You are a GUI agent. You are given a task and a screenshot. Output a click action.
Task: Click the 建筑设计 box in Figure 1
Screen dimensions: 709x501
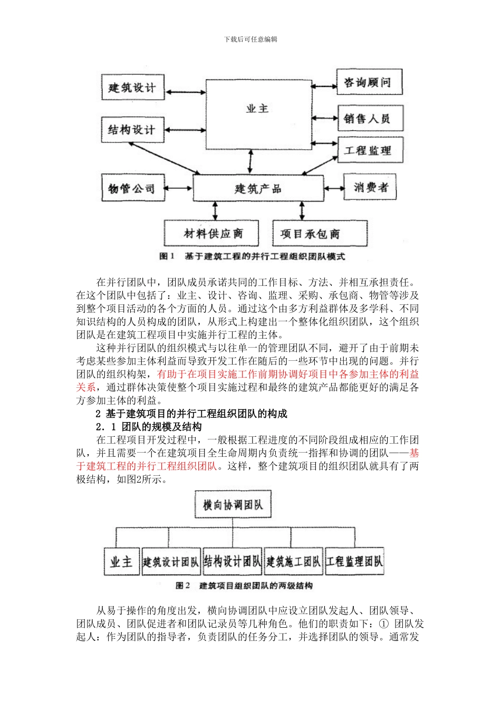click(x=132, y=87)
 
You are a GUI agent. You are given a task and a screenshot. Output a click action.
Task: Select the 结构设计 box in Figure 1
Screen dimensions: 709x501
click(x=132, y=129)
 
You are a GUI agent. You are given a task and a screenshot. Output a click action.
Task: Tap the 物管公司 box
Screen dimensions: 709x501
click(x=132, y=188)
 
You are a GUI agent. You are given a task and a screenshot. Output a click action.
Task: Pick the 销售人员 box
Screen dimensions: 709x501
click(x=370, y=118)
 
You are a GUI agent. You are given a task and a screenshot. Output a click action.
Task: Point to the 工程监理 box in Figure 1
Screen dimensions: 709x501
click(x=370, y=150)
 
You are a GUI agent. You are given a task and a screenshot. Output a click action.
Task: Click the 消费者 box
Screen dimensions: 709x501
click(x=371, y=187)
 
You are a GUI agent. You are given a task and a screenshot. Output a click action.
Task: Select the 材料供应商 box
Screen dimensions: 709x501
click(x=213, y=233)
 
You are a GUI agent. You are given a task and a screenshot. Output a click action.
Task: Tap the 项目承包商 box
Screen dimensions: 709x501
click(x=319, y=233)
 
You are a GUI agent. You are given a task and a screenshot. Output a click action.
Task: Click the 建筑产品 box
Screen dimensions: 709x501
click(x=258, y=188)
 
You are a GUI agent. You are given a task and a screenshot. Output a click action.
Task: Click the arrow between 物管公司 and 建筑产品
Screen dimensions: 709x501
click(x=179, y=188)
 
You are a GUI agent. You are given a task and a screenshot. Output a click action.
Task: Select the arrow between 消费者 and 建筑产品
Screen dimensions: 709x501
click(x=333, y=188)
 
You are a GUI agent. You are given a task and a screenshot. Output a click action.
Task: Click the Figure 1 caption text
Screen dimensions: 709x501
click(x=252, y=256)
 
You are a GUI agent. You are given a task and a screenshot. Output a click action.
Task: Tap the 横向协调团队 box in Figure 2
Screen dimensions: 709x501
click(x=233, y=505)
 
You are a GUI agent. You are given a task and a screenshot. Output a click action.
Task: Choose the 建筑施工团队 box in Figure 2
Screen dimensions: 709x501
click(x=293, y=561)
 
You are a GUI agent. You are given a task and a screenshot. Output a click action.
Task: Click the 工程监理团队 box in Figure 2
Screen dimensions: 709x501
click(x=354, y=561)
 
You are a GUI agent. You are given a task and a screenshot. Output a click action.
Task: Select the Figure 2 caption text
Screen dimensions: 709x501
click(x=244, y=586)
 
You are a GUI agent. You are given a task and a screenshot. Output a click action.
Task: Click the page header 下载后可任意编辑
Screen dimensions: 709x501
click(x=250, y=39)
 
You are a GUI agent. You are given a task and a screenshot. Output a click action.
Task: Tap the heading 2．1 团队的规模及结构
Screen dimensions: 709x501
click(x=149, y=427)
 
